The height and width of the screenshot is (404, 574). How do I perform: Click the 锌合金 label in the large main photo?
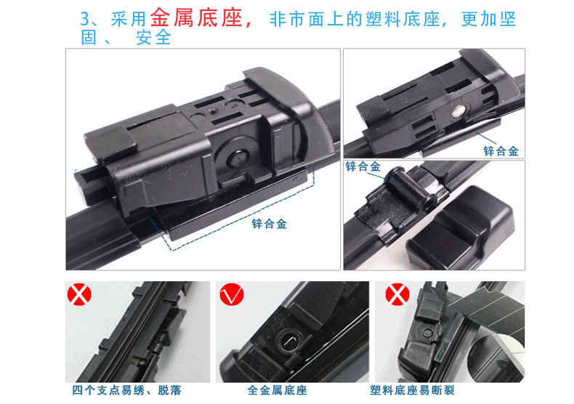[x=270, y=224]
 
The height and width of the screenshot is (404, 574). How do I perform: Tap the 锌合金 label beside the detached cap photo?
[x=363, y=166]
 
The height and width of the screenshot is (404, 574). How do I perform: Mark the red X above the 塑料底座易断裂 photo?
[x=394, y=295]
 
